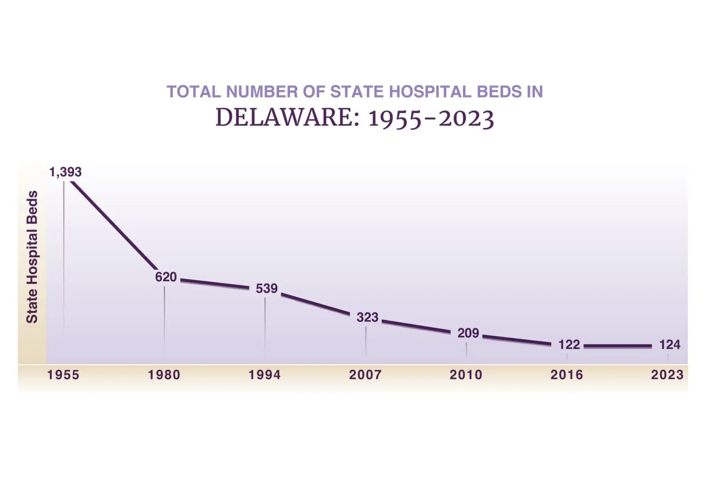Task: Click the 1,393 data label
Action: (65, 172)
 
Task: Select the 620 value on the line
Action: (166, 277)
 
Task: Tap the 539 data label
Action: (267, 288)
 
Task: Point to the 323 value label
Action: (367, 317)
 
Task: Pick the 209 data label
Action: (468, 333)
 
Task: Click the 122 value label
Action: (569, 344)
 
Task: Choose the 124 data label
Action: (669, 344)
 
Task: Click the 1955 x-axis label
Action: (63, 375)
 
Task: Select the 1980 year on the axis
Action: (164, 375)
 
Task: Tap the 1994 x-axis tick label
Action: (264, 375)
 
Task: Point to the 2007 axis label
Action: (365, 375)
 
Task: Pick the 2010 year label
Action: (466, 375)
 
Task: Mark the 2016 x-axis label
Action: (567, 375)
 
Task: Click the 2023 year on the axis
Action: (667, 375)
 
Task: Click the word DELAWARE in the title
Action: (287, 117)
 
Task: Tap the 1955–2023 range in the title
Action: (431, 118)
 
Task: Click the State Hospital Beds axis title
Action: (32, 257)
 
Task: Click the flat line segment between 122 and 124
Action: (618, 346)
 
